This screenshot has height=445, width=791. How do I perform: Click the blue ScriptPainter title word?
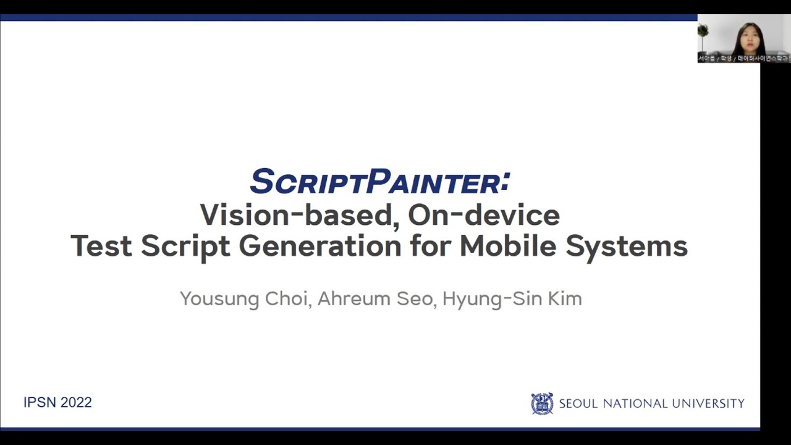click(379, 182)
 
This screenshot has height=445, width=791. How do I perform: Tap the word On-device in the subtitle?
click(484, 215)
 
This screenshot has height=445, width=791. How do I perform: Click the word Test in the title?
click(101, 246)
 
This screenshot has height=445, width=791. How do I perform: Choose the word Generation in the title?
click(320, 246)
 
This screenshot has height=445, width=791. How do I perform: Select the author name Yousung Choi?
click(244, 299)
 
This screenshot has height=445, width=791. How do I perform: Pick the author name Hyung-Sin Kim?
click(512, 299)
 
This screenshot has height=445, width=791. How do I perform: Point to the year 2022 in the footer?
click(76, 402)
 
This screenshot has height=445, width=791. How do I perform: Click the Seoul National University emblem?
click(542, 404)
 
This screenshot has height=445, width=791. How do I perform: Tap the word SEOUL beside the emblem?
click(578, 404)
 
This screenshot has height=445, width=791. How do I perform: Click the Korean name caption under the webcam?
click(743, 58)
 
